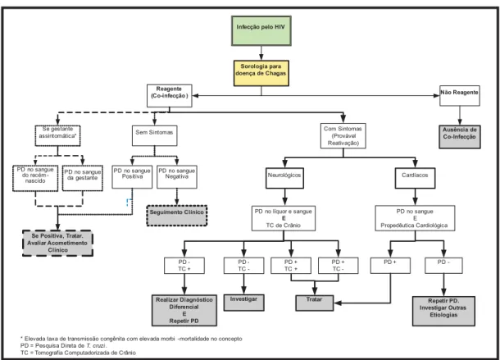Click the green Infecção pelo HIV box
click(x=261, y=30)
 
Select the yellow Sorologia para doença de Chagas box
click(x=261, y=73)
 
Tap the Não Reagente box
click(x=460, y=95)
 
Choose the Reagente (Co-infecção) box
click(x=170, y=95)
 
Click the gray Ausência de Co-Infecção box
click(x=460, y=137)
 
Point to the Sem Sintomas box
click(x=154, y=135)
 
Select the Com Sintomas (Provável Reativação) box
click(x=343, y=136)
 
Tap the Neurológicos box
click(x=284, y=178)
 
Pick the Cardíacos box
click(x=415, y=178)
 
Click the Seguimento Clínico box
click(x=177, y=216)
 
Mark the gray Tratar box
click(x=315, y=303)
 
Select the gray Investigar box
click(x=243, y=303)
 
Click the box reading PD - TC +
click(x=184, y=266)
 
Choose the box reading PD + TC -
click(x=338, y=266)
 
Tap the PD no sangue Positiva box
click(x=132, y=176)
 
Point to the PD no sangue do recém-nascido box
click(x=35, y=178)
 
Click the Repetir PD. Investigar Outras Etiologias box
click(x=443, y=311)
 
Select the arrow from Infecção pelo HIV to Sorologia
click(x=261, y=53)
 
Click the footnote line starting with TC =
click(x=78, y=353)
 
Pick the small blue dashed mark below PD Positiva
click(x=129, y=203)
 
